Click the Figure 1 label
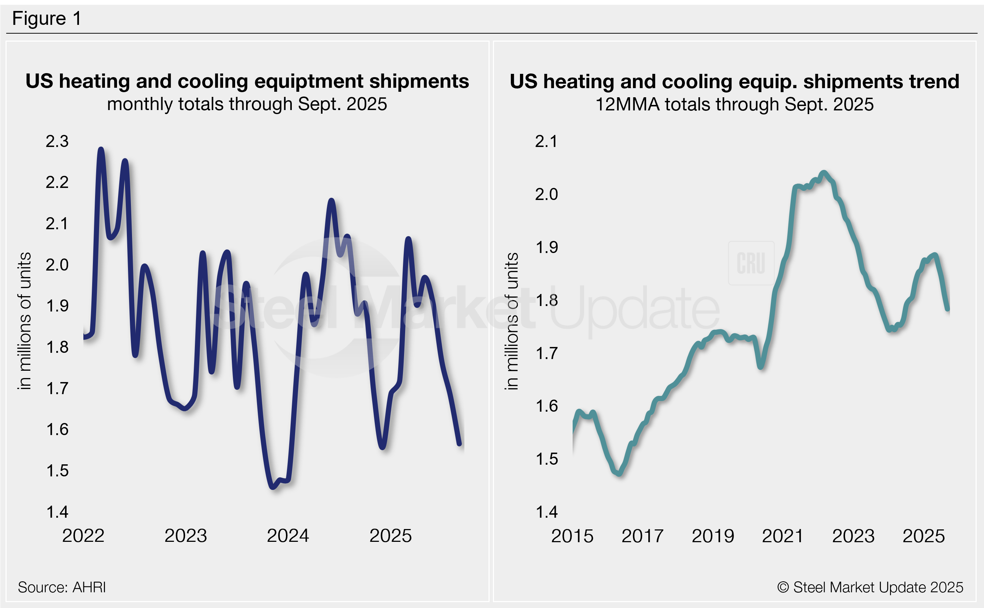47,19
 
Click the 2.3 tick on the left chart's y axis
57,141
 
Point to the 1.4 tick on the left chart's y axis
57,512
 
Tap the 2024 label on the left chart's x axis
288,536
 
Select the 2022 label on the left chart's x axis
83,536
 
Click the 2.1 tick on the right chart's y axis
546,141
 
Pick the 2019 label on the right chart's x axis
713,536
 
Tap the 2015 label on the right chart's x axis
572,536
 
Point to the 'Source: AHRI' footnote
62,587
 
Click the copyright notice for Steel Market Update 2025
870,587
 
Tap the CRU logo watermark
751,263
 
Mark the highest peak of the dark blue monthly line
101,150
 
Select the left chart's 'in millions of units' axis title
24,321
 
